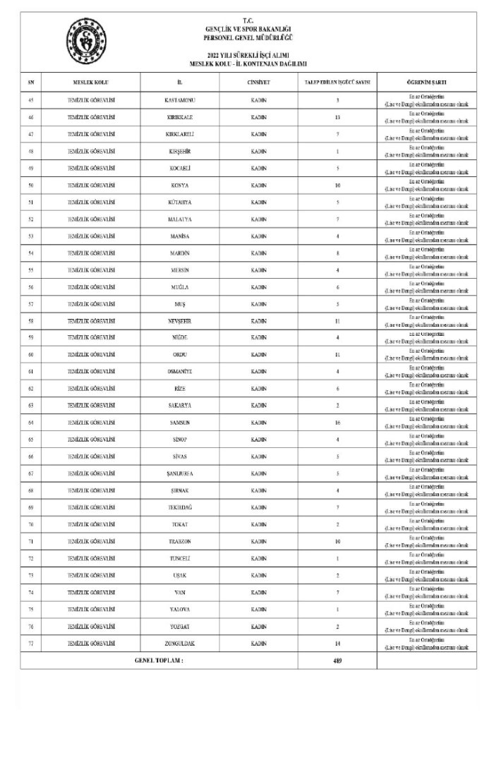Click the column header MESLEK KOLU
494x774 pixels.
90,83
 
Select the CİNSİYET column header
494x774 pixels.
258,83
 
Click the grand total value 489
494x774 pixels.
337,661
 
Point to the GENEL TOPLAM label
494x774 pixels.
159,661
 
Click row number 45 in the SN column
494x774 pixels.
31,99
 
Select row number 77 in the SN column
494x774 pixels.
31,644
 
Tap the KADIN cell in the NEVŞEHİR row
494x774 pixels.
258,321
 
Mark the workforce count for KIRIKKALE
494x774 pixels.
337,116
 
